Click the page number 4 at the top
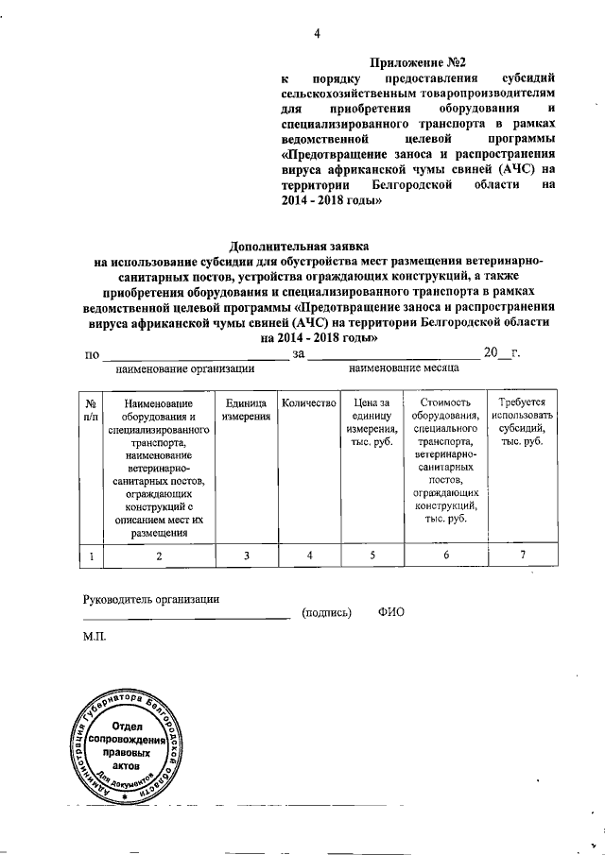(318, 36)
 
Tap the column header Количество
(309, 404)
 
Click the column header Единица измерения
(246, 411)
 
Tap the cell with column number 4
(309, 556)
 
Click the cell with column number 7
(522, 556)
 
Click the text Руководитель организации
(151, 599)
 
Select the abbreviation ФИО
(390, 612)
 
